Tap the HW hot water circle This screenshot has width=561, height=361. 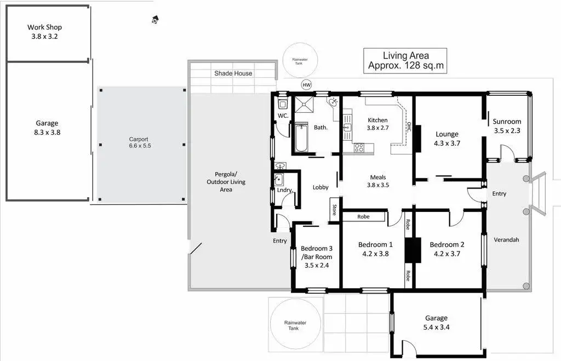[307, 85]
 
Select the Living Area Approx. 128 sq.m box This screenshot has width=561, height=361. [405, 60]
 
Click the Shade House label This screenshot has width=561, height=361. [233, 73]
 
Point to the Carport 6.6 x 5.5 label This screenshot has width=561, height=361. [139, 142]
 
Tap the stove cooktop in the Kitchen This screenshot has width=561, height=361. [359, 147]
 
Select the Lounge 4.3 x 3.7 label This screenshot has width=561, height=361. [447, 139]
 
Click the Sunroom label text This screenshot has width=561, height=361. [507, 122]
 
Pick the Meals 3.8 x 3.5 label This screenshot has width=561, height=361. [377, 181]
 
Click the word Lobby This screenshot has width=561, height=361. [320, 187]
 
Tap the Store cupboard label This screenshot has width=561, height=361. [334, 210]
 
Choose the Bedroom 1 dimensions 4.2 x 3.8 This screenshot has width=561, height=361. [376, 254]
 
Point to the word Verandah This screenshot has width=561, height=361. [506, 240]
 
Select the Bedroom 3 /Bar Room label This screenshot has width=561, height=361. [317, 257]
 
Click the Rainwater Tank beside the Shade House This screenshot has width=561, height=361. [300, 61]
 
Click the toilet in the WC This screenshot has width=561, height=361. [283, 105]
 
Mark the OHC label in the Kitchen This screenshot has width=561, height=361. [408, 127]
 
